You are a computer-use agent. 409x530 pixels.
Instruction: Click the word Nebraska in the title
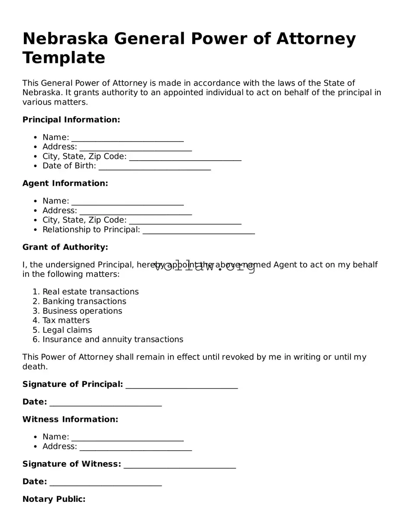(65, 39)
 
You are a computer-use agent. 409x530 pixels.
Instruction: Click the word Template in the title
(64, 58)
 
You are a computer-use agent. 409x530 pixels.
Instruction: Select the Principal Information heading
(71, 120)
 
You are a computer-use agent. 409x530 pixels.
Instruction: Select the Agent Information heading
(65, 184)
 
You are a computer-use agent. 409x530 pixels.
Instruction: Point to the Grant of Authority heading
(65, 247)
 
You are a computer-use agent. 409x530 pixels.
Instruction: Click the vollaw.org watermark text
(205, 267)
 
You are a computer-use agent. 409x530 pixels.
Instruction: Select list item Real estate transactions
(90, 292)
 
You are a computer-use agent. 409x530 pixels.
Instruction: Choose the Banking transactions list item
(84, 301)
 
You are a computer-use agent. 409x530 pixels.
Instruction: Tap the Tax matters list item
(66, 320)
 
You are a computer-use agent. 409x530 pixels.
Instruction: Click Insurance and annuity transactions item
(113, 339)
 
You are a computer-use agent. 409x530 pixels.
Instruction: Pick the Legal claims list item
(67, 330)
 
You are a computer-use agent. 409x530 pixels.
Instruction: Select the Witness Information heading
(70, 420)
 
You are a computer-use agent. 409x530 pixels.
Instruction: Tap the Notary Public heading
(54, 499)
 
